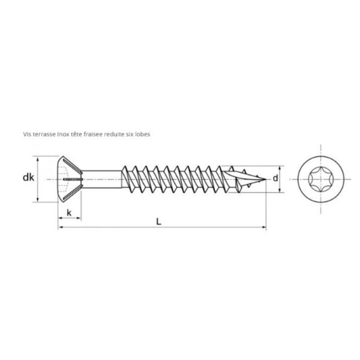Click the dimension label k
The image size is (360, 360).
70,213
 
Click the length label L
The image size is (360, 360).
158,221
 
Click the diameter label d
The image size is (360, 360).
275,178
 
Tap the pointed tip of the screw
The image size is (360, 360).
263,179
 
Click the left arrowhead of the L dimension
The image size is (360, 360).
60,227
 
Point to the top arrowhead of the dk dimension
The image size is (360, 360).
38,160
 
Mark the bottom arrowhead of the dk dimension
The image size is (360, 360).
38,200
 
